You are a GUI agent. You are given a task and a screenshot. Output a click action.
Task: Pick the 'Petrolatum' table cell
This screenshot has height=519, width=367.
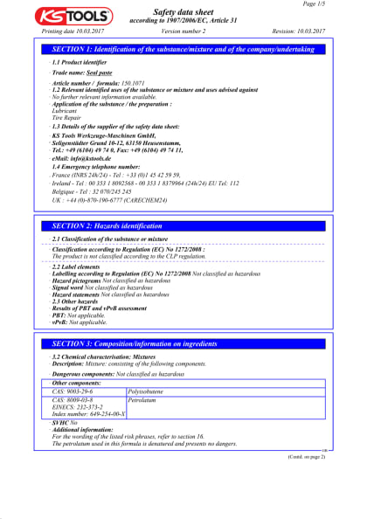pyautogui.click(x=145, y=400)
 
